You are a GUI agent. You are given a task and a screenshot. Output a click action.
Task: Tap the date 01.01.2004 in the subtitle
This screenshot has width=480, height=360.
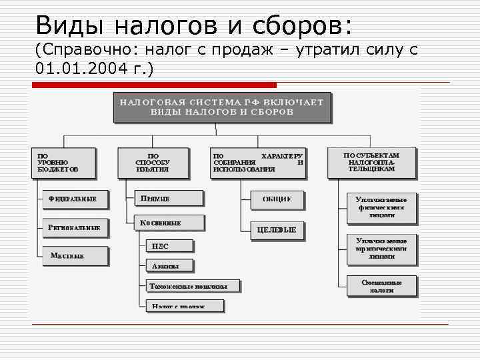tap(86, 69)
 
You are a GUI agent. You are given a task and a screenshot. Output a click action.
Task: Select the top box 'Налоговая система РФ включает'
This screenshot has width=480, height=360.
tap(221, 107)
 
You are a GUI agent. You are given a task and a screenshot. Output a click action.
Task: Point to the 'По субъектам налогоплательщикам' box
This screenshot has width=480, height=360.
tap(371, 162)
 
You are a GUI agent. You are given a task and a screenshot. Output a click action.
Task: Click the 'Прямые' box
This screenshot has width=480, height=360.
tap(168, 199)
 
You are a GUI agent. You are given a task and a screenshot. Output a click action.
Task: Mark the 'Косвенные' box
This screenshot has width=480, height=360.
tap(168, 223)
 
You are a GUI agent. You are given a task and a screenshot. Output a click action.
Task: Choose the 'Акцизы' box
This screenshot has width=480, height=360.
tap(170, 266)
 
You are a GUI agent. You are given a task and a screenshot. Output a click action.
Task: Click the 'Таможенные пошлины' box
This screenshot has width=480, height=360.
tap(193, 287)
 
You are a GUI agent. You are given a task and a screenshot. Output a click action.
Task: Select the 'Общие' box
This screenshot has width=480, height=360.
tap(277, 199)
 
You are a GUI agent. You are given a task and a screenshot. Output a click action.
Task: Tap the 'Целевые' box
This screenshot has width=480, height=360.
tap(277, 230)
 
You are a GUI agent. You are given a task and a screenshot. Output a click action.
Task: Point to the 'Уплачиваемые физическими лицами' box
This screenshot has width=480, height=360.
tap(382, 207)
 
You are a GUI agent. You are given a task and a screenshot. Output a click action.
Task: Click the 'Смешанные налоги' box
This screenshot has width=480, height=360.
tap(382, 286)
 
